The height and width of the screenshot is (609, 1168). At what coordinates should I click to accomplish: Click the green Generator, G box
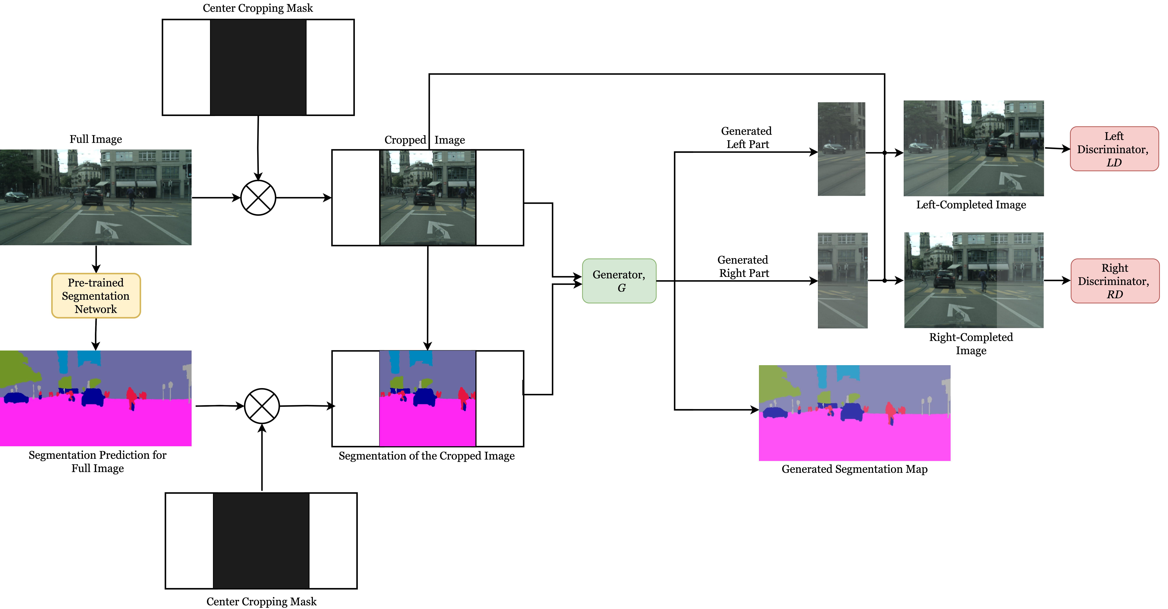[619, 281]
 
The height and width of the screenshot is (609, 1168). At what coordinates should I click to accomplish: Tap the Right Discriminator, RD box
[1115, 281]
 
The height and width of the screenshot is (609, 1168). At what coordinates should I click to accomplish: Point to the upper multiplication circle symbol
[258, 198]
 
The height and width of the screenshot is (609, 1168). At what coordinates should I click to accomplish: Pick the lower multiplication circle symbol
[262, 406]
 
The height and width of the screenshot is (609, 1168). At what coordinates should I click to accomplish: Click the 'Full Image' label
[96, 139]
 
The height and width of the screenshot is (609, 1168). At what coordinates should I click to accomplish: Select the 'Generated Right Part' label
[744, 266]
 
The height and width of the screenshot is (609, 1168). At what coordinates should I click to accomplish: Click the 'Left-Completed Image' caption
[971, 205]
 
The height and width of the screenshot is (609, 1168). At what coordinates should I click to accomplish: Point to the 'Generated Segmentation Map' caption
[854, 469]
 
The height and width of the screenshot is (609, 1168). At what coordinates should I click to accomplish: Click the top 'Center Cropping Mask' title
[257, 8]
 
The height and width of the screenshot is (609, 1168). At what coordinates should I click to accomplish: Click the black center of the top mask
[258, 67]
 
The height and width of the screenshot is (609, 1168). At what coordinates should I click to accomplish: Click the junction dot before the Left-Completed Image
[884, 153]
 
